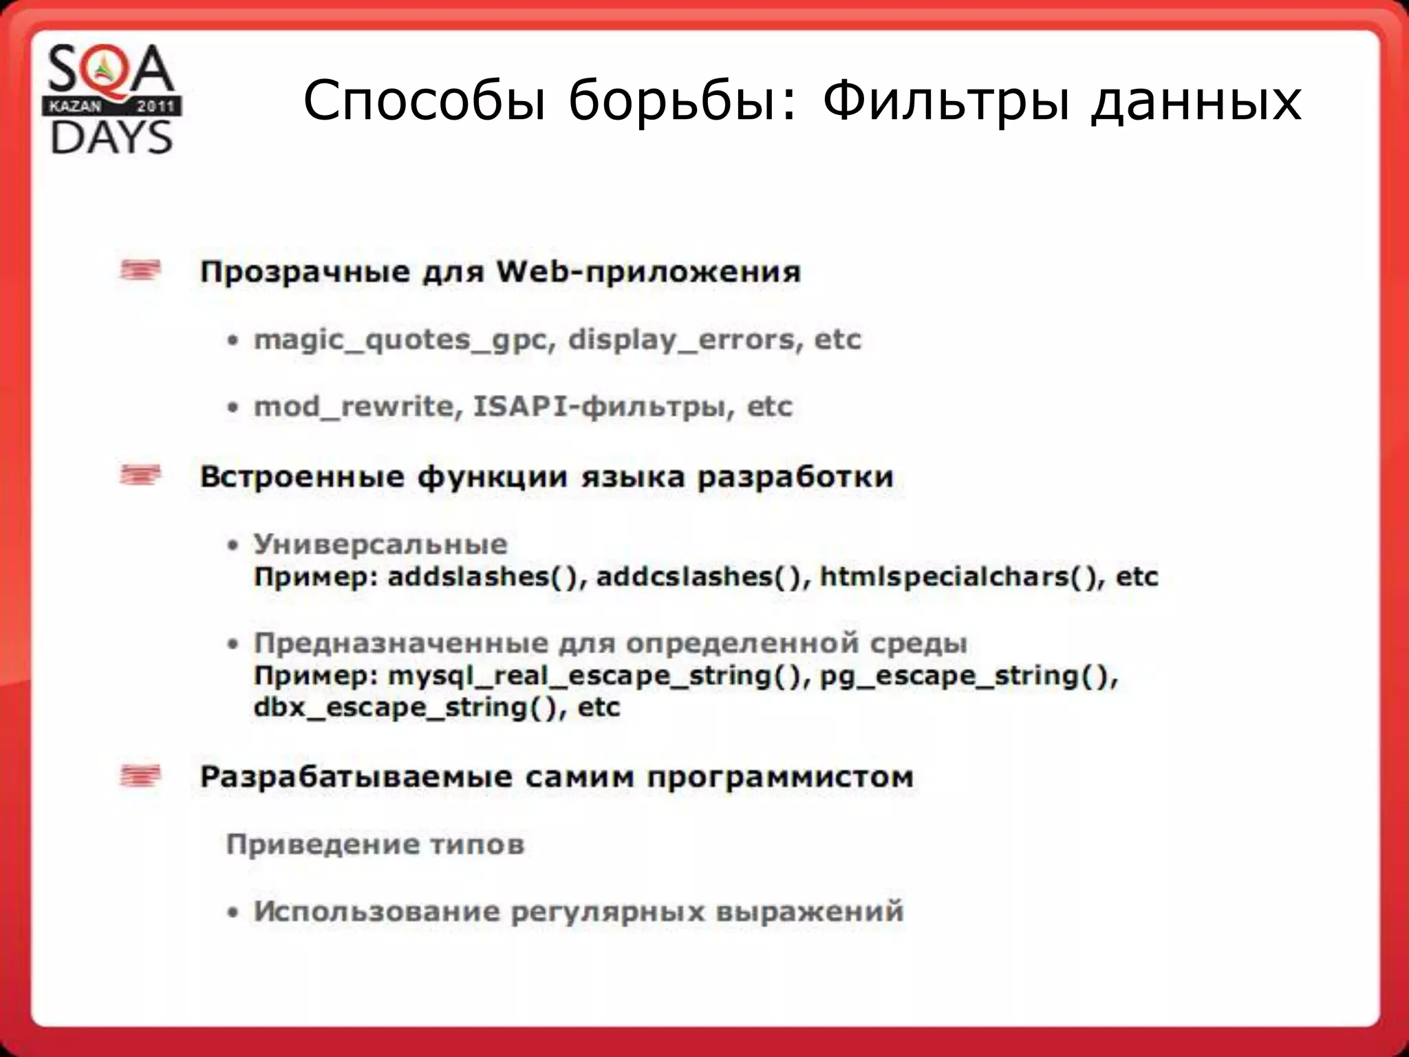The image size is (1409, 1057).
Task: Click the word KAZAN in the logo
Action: click(75, 107)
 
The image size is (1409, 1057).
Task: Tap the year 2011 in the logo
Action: click(155, 107)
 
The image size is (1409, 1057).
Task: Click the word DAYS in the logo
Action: click(111, 138)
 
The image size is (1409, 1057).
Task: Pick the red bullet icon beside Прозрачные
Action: click(140, 270)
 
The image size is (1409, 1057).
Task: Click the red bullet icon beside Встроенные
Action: click(140, 475)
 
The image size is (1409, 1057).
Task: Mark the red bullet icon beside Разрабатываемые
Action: click(140, 776)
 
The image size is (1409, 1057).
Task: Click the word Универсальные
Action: click(380, 544)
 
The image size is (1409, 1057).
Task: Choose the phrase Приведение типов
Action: click(376, 844)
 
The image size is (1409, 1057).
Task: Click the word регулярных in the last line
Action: click(608, 911)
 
